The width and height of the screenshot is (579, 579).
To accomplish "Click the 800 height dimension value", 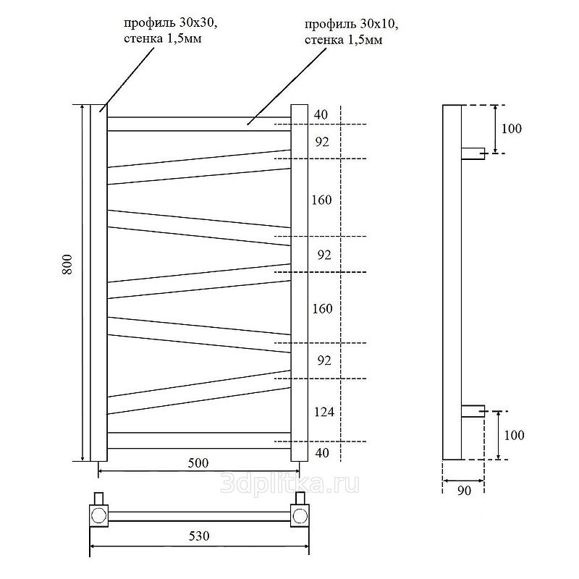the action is click(67, 264).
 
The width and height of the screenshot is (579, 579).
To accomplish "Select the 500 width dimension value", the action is click(198, 463).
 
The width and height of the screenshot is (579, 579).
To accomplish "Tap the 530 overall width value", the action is click(199, 536).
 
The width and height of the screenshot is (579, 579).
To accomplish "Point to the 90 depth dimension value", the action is click(464, 491).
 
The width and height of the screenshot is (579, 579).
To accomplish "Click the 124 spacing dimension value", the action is click(324, 411).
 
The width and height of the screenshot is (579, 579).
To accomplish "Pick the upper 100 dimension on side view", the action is click(512, 129).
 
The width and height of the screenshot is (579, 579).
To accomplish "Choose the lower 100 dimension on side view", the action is click(514, 435).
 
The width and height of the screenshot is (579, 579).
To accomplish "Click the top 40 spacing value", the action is click(321, 114).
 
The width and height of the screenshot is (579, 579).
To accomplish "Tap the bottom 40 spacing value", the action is click(322, 453).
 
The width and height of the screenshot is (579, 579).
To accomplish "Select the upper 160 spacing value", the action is click(321, 200).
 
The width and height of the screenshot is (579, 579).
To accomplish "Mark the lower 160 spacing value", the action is click(322, 308).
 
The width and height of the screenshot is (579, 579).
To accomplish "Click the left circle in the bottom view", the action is click(98, 515).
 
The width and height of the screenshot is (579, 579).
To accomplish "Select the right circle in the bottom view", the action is click(300, 515).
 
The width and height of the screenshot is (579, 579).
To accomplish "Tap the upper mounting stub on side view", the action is click(473, 153).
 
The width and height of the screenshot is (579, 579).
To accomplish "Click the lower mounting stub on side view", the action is click(473, 411).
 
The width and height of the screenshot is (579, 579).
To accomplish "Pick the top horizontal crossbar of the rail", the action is click(199, 124).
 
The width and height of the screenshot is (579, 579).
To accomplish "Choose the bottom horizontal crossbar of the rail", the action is click(199, 441).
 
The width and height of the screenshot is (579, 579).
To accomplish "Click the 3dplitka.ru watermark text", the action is click(289, 484).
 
